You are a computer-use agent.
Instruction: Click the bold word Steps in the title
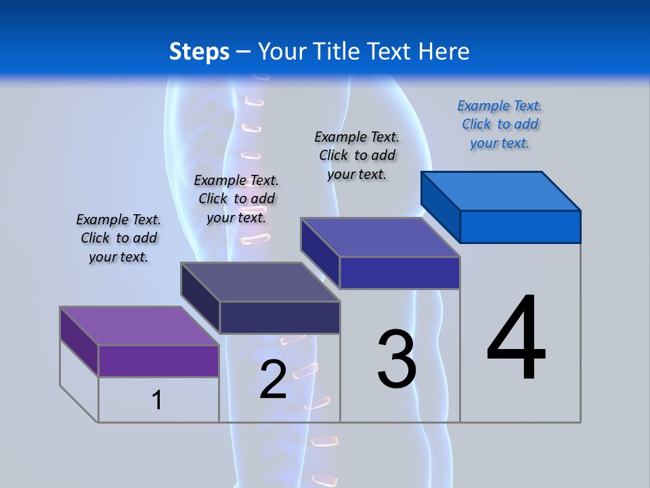pos(199,52)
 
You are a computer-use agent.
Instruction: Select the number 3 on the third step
pos(397,359)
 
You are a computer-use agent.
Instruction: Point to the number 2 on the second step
pos(273,380)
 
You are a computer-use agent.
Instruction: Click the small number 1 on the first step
pos(156,401)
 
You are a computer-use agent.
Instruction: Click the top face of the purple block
pos(139,326)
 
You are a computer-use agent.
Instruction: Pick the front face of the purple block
pos(158,361)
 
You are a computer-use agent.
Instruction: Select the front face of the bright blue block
pos(520,226)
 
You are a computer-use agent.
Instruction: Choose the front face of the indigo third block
pos(399,272)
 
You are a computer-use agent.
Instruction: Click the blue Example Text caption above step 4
pos(500,125)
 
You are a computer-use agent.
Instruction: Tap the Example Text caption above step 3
pos(357,155)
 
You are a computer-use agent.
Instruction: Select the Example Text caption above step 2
pos(236,199)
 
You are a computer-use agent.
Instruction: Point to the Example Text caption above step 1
pos(118,238)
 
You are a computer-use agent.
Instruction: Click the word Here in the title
pos(444,52)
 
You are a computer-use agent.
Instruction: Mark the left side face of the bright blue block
pos(440,205)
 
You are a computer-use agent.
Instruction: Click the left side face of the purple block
pos(79,341)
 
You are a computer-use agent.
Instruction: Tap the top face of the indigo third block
pos(381,237)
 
